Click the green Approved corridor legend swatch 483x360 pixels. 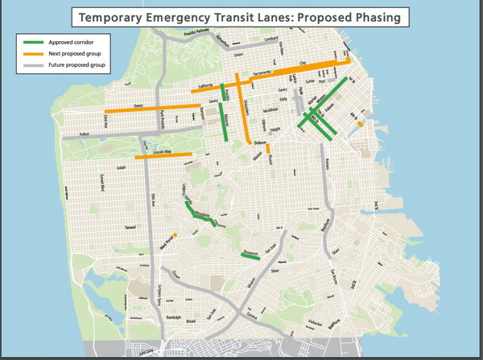point(34,42)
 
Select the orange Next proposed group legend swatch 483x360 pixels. point(34,52)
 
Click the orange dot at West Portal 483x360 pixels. point(175,235)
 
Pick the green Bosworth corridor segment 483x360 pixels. point(250,256)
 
